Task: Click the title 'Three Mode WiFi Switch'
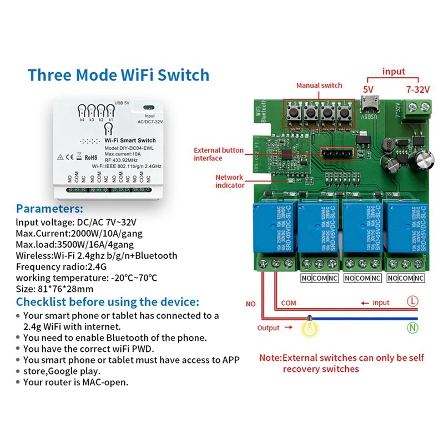tap(118, 75)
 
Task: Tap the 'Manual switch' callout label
tap(319, 85)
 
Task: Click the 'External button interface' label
tap(218, 154)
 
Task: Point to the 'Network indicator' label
tap(230, 181)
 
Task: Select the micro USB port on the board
tap(366, 104)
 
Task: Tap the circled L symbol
tap(412, 302)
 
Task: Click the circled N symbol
tap(412, 327)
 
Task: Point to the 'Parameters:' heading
tap(49, 209)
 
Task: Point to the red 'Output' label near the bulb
tap(268, 328)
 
